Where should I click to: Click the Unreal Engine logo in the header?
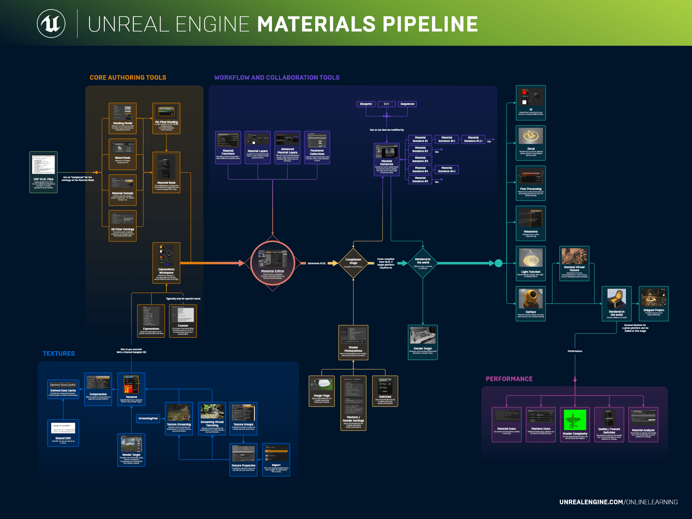[51, 24]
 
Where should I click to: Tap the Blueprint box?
[366, 104]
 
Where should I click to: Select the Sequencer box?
[407, 104]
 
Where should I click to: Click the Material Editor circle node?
[273, 263]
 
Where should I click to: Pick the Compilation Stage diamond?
[353, 263]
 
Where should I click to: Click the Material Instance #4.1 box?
[446, 170]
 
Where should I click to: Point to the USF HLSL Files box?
[44, 172]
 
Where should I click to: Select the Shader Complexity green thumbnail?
[575, 420]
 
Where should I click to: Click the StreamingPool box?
[148, 418]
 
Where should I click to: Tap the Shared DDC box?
[63, 433]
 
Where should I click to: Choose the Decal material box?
[531, 143]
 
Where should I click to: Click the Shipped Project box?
[654, 303]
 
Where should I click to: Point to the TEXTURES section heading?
[59, 353]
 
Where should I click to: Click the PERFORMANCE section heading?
[509, 379]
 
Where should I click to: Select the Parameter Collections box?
[317, 147]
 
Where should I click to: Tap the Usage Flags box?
[322, 391]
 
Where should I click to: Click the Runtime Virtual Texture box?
[574, 263]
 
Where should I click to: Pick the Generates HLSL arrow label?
[317, 263]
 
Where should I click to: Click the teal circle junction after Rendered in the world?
[499, 263]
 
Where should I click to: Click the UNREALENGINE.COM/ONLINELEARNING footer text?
[618, 502]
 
